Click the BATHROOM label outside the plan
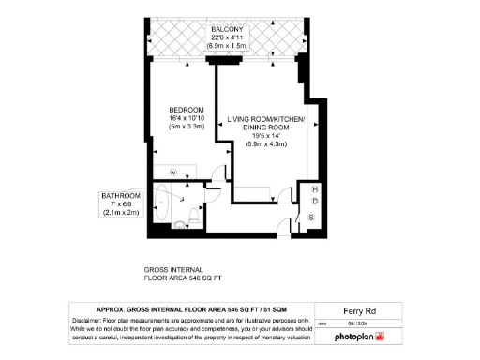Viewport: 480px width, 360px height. point(121,196)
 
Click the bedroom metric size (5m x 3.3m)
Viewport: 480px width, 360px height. point(187,126)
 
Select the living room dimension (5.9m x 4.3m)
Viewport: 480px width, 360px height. point(267,144)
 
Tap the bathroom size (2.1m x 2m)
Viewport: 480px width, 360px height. point(121,213)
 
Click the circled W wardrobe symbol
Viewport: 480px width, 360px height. point(173,172)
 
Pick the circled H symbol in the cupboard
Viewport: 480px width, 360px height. point(315,189)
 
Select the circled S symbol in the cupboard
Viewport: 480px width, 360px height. point(311,217)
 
